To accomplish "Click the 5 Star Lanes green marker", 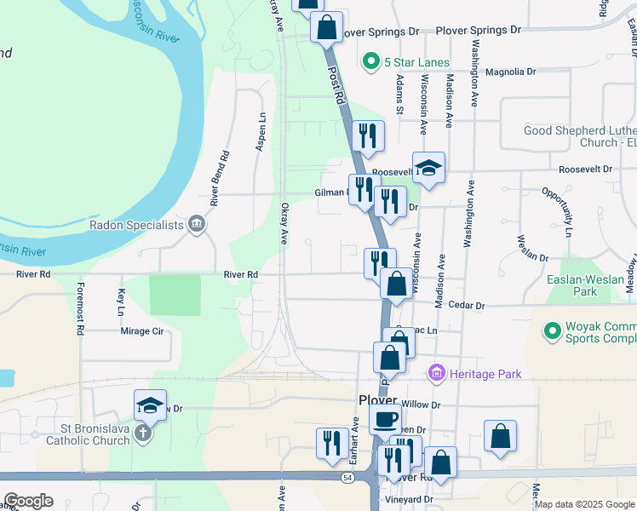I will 370,61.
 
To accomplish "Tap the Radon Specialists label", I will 137,225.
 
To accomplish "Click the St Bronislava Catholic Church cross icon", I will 144,432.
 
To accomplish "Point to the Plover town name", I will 378,400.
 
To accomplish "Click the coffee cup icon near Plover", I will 386,419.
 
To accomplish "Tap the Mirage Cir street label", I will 141,331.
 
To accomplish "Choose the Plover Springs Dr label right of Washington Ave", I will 478,30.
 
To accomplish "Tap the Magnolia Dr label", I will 510,72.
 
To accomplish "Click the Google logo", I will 28,501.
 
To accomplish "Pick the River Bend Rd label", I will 220,178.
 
